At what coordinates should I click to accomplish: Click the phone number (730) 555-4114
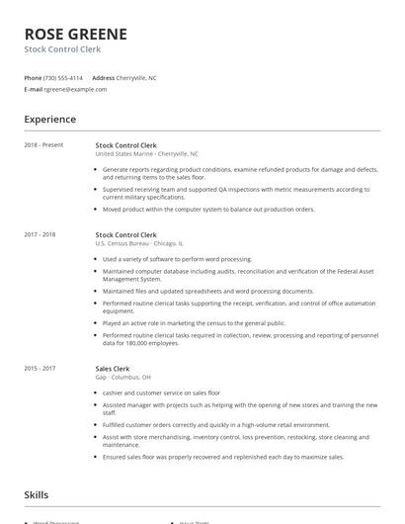click(63, 77)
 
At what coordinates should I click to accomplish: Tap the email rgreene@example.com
click(75, 89)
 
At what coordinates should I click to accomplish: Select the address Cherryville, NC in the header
click(137, 77)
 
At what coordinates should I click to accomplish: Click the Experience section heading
click(50, 120)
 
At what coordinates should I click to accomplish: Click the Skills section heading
click(37, 494)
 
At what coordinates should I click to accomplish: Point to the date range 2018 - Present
click(43, 145)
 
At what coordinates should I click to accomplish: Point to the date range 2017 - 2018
click(40, 234)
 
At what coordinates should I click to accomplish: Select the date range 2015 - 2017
click(40, 368)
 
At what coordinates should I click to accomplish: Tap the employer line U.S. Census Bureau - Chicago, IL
click(139, 243)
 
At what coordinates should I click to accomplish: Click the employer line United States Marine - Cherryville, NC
click(147, 154)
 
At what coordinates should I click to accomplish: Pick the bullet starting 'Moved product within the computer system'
click(208, 210)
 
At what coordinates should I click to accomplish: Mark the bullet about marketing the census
click(194, 322)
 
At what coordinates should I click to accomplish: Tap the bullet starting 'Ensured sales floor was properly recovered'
click(223, 457)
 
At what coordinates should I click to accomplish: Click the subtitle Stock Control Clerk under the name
click(62, 48)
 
